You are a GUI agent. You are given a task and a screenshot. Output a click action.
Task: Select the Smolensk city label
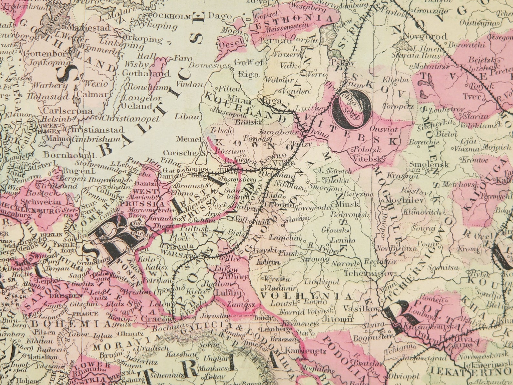click(x=429, y=164)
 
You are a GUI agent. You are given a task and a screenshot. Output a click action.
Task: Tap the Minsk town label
click(x=347, y=204)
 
